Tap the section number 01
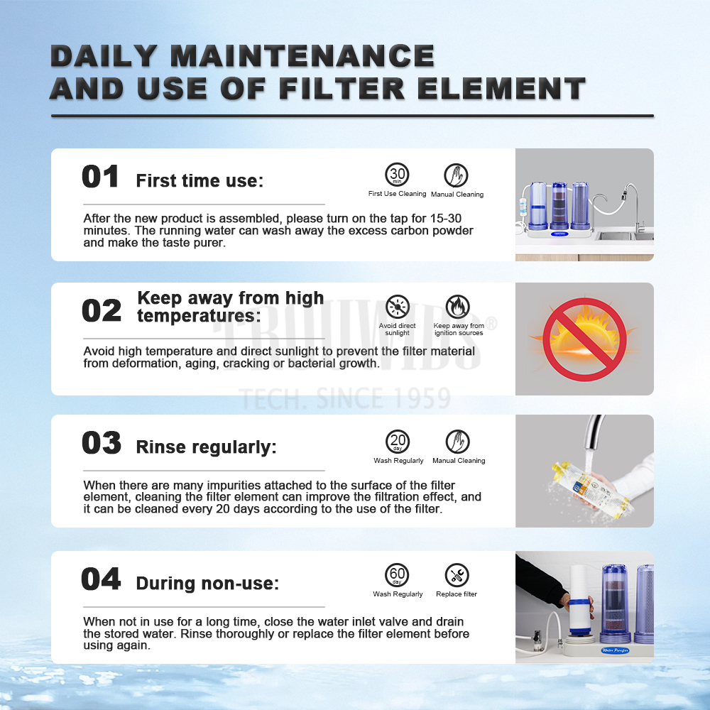click(101, 177)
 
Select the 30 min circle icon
click(397, 175)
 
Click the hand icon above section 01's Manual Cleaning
click(456, 175)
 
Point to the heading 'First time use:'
click(200, 180)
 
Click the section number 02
click(102, 311)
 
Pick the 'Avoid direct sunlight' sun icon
click(398, 307)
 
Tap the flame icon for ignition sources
click(458, 307)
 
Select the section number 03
click(102, 442)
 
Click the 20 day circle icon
click(398, 442)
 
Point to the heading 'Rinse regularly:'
click(206, 447)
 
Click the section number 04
click(101, 579)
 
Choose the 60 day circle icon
click(397, 575)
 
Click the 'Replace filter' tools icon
click(457, 575)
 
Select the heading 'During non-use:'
click(207, 583)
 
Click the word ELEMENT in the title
click(501, 88)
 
